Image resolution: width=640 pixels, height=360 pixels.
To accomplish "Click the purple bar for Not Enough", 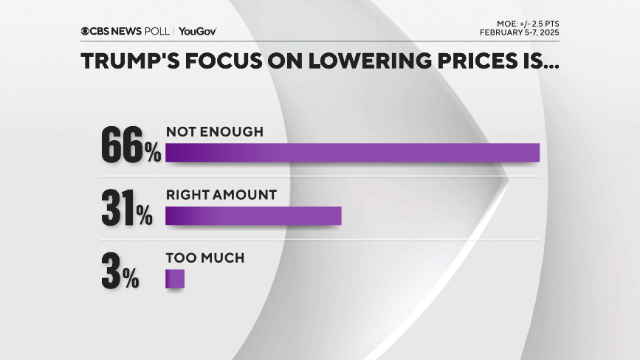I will click(x=352, y=152).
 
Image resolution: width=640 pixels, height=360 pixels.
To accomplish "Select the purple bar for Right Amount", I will click(x=253, y=215).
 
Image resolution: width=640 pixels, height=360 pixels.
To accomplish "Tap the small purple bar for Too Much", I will click(x=174, y=278).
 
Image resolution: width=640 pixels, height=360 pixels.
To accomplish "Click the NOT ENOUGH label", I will click(x=214, y=131).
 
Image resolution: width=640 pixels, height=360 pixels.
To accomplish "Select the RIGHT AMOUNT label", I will click(x=221, y=195).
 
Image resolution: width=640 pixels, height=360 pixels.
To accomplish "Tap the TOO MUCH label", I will click(x=204, y=258).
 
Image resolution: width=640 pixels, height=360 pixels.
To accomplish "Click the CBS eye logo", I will click(x=86, y=31).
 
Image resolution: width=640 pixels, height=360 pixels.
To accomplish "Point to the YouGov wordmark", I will click(x=197, y=31).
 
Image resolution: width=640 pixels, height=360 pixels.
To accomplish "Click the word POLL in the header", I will click(x=157, y=31).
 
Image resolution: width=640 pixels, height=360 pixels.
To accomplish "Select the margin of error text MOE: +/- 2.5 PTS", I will click(x=520, y=22).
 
